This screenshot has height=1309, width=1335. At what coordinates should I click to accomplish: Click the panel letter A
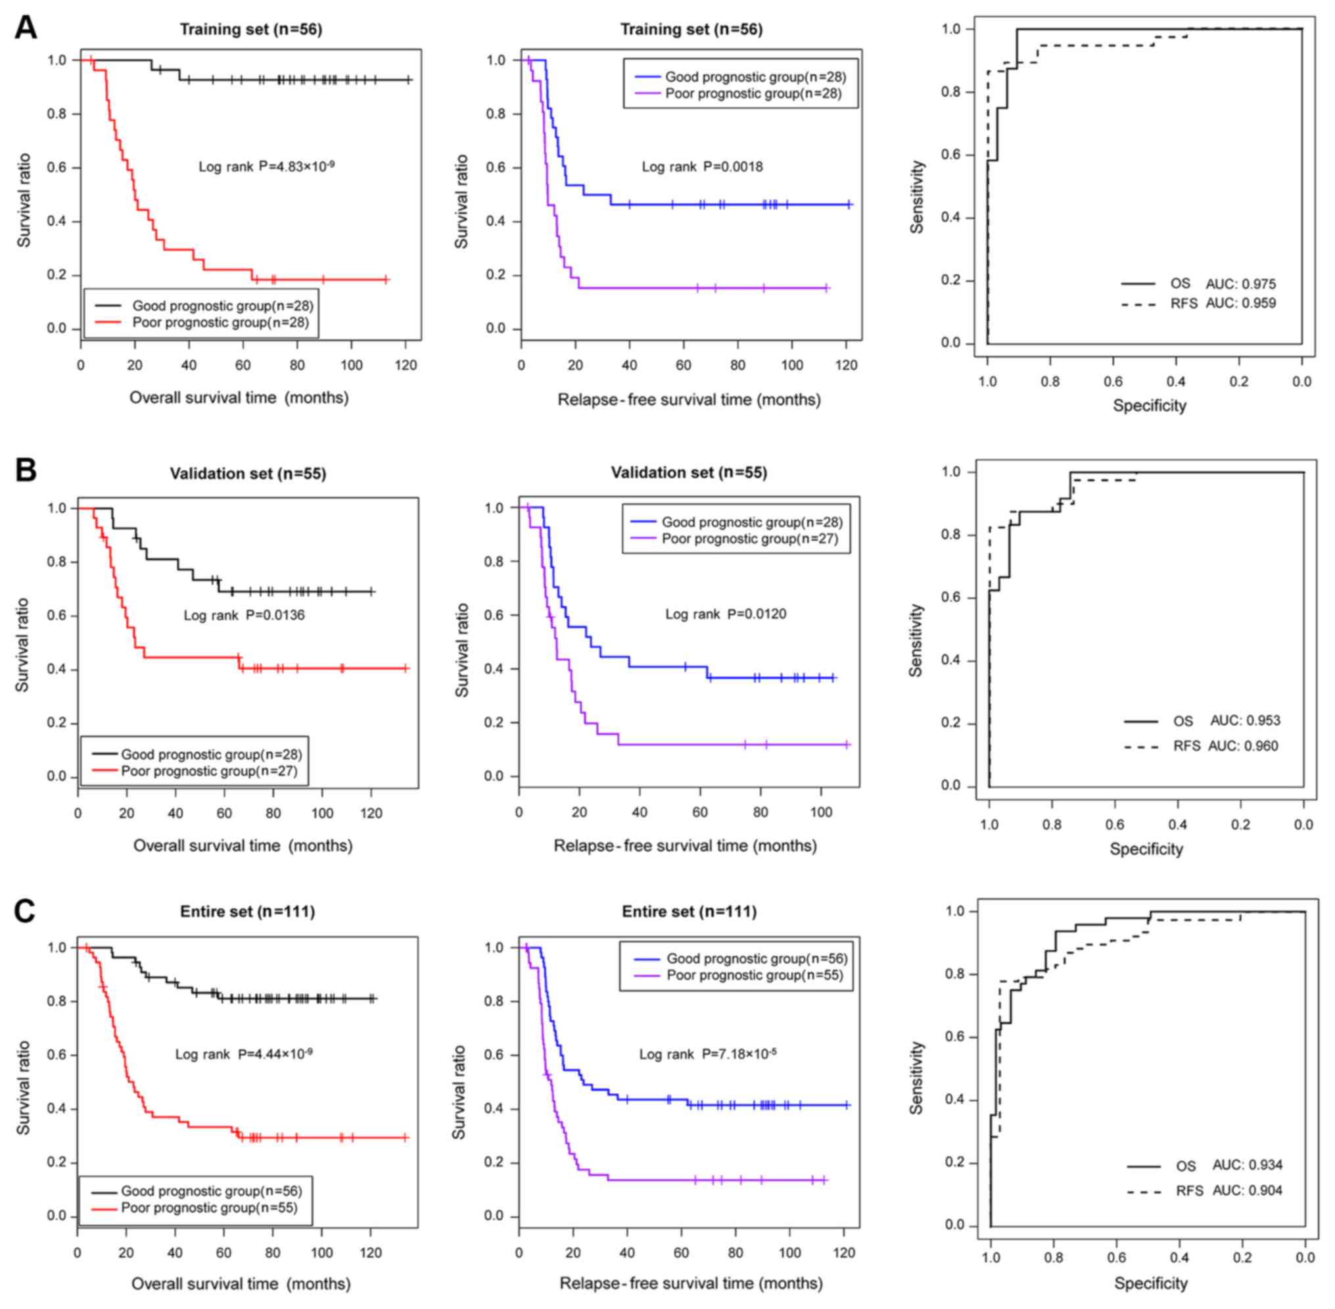(26, 28)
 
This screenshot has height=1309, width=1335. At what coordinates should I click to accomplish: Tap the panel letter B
(26, 471)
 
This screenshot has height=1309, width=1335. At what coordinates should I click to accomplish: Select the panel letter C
(26, 911)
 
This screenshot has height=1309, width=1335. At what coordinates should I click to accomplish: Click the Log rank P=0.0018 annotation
(701, 166)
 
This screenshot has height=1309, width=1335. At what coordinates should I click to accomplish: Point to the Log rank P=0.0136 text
(244, 614)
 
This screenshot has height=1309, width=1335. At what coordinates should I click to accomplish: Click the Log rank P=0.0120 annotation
(725, 613)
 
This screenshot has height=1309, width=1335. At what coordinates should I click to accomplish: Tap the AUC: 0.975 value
(1240, 284)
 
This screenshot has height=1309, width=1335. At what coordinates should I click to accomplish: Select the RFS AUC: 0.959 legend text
(1223, 303)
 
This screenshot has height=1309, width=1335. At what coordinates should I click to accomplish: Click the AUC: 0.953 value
(1245, 720)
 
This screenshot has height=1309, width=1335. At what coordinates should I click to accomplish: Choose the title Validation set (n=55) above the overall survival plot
(247, 473)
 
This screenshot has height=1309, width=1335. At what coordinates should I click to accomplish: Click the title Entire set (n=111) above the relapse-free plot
(688, 912)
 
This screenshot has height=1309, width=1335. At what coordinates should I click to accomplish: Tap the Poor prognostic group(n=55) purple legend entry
(755, 975)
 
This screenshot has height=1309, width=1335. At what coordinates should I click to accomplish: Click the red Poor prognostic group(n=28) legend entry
(220, 322)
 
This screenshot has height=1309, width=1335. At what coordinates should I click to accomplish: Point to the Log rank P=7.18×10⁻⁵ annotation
(707, 1054)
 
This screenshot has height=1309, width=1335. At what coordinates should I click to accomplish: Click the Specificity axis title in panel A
(1149, 406)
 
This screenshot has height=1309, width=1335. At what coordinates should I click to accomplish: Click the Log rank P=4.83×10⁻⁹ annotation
(266, 166)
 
